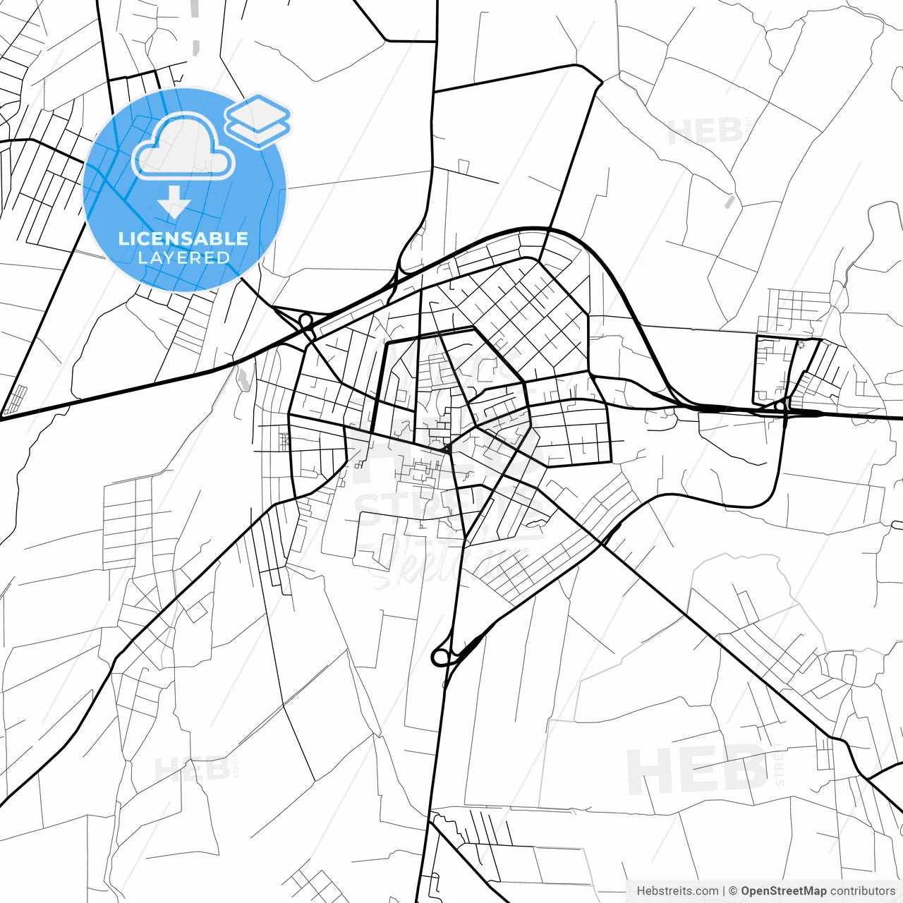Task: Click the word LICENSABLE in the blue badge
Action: click(x=183, y=238)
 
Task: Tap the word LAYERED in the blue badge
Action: click(x=183, y=258)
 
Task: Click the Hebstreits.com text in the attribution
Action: click(x=677, y=891)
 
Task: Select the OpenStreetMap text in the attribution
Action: click(x=784, y=891)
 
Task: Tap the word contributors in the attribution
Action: click(x=862, y=891)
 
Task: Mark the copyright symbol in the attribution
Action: click(x=732, y=891)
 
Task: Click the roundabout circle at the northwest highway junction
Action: click(x=305, y=322)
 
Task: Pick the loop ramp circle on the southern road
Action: click(x=440, y=657)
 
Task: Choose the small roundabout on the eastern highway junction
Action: click(x=780, y=406)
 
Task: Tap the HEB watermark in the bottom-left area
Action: click(x=190, y=770)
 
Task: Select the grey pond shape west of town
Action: click(x=243, y=379)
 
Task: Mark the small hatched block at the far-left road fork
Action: click(x=14, y=399)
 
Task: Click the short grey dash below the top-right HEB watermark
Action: click(x=729, y=201)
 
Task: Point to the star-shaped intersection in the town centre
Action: click(x=447, y=449)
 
